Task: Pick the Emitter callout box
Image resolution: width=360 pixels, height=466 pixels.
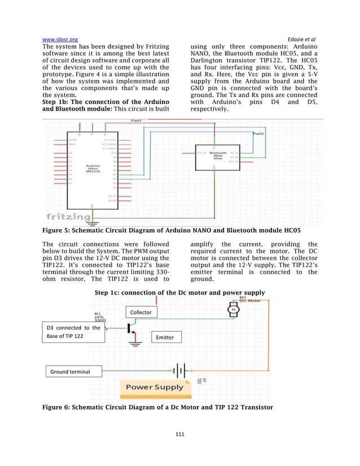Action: coord(165,337)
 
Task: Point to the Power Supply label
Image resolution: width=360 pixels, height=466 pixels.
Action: coord(154,387)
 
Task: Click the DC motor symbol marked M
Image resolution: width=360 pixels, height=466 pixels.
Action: coord(232,309)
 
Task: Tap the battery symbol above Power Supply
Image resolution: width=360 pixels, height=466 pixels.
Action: coord(179,371)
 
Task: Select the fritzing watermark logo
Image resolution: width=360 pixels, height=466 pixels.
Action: coord(68,216)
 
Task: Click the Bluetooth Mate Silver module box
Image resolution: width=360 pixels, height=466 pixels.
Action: coord(217,155)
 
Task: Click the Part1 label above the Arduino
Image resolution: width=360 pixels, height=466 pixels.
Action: coord(136,121)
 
